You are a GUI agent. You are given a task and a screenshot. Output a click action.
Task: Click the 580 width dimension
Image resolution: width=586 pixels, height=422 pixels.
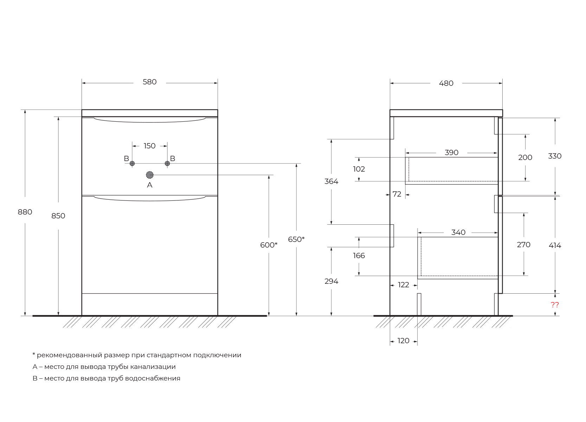click(149, 82)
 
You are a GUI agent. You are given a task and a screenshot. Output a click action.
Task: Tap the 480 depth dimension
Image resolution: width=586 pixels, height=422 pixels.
click(446, 83)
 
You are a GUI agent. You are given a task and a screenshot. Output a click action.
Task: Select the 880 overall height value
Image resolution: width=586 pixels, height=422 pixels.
click(25, 212)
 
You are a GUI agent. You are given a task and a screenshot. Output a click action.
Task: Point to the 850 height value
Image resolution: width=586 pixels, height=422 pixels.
click(58, 216)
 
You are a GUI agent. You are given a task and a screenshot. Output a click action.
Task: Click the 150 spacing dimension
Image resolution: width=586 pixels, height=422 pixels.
click(149, 146)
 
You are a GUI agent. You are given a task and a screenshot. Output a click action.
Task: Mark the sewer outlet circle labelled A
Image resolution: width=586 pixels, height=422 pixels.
click(150, 175)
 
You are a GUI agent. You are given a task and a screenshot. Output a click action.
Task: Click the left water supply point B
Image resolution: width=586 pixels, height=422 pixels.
click(132, 164)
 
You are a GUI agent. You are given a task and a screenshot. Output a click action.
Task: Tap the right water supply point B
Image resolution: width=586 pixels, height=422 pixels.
click(167, 164)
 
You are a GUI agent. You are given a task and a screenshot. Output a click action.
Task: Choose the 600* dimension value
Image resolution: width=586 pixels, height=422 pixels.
click(269, 245)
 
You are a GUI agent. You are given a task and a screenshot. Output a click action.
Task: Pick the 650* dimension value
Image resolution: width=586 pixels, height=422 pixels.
click(296, 239)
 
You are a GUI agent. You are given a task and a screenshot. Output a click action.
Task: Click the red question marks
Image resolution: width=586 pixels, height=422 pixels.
click(555, 305)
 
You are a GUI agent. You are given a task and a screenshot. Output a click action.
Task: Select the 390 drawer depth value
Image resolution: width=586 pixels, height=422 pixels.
click(451, 153)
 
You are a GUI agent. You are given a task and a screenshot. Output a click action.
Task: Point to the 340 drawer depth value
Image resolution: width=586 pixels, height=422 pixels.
click(458, 232)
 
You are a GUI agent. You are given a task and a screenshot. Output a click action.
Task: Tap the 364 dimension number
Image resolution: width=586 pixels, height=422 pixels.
click(331, 181)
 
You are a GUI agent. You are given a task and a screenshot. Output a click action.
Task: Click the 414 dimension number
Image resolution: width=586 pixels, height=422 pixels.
click(555, 245)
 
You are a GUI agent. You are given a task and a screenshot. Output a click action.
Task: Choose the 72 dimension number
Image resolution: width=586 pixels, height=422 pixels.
click(397, 194)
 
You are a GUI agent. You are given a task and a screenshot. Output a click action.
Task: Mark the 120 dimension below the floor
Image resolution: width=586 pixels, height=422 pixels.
click(403, 341)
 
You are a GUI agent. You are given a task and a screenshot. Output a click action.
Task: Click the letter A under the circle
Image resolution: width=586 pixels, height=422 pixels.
click(150, 185)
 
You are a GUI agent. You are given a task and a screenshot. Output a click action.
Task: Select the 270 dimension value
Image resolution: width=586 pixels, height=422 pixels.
click(523, 245)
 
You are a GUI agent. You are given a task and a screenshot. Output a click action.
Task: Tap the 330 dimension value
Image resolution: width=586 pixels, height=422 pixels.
click(555, 156)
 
